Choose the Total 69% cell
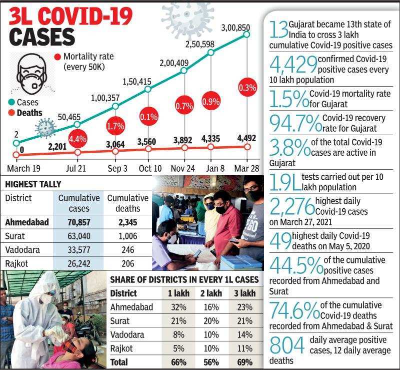[x=245, y=361]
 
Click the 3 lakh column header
[x=244, y=293]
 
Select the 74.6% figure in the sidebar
[x=294, y=311]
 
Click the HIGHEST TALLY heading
[x=33, y=184]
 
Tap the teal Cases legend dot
[x=10, y=103]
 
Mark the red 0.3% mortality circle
[x=247, y=87]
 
